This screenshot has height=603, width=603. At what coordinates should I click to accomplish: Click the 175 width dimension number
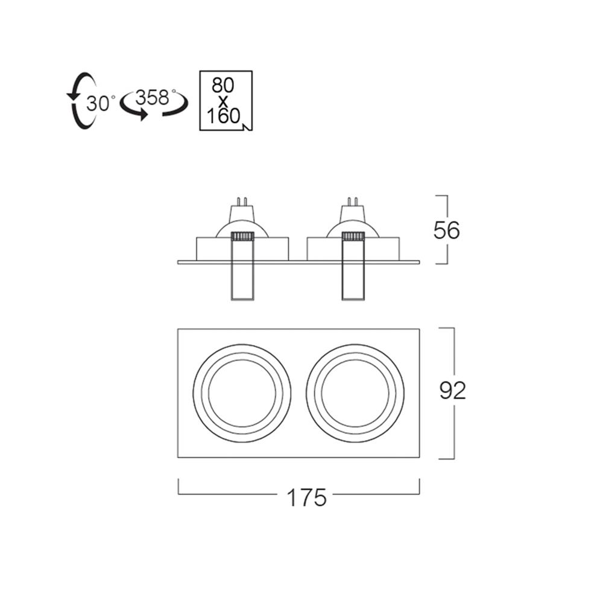coord(306,497)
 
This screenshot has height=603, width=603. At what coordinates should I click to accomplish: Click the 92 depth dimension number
coord(453,391)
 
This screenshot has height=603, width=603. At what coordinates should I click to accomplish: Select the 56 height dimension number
coord(446,231)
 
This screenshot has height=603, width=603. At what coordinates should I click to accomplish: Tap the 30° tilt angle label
coord(101,103)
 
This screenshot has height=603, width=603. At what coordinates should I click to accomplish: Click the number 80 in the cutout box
coord(223,85)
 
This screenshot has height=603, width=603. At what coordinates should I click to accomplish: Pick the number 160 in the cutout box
coord(224,116)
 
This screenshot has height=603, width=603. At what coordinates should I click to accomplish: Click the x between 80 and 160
coord(223,101)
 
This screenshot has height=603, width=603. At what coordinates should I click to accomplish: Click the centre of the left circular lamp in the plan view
coord(242,393)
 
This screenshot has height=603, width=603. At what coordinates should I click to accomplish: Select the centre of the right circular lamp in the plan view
coord(355,393)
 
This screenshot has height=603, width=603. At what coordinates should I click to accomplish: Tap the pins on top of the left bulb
coord(242,201)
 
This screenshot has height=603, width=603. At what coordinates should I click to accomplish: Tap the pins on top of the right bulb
coord(353,201)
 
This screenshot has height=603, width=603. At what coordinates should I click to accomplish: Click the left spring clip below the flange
coord(242,282)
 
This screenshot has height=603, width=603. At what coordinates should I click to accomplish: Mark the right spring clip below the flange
coord(353,282)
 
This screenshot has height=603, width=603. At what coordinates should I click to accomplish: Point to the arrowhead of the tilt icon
coord(72,96)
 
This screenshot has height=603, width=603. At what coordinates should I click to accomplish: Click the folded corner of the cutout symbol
coord(247,126)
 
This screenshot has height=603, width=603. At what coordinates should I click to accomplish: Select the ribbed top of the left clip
coord(242,236)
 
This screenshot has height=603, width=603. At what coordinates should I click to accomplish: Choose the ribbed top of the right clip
coord(353,236)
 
